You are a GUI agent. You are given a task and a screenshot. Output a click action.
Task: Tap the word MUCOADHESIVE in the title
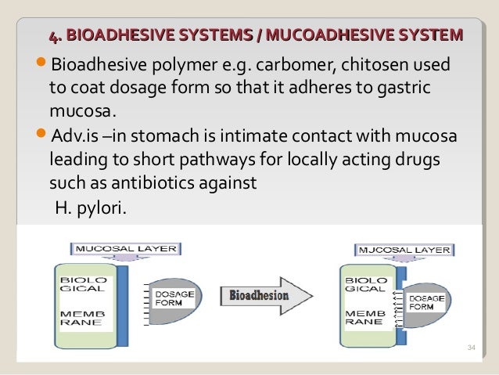tap(325, 35)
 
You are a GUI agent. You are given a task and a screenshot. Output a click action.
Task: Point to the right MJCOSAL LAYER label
tap(404, 250)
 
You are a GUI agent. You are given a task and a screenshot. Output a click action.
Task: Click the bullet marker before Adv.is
tap(42, 139)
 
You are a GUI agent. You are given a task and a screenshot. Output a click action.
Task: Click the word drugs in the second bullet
tap(422, 160)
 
